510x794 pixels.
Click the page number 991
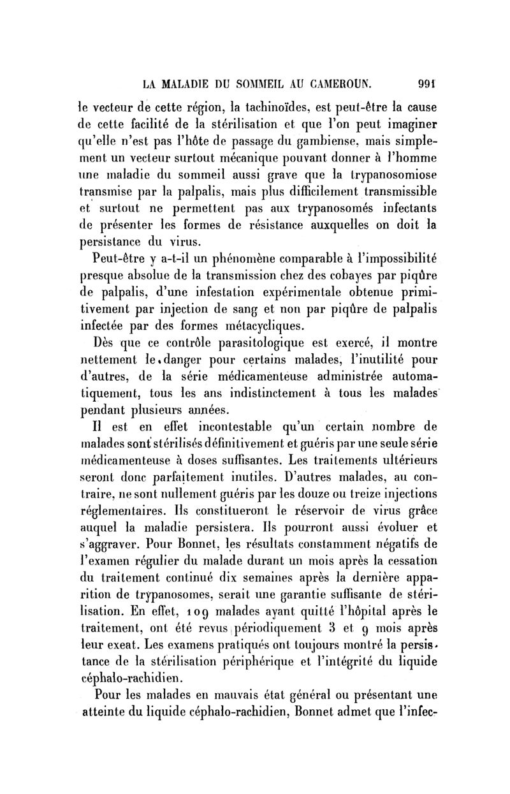(422, 82)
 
